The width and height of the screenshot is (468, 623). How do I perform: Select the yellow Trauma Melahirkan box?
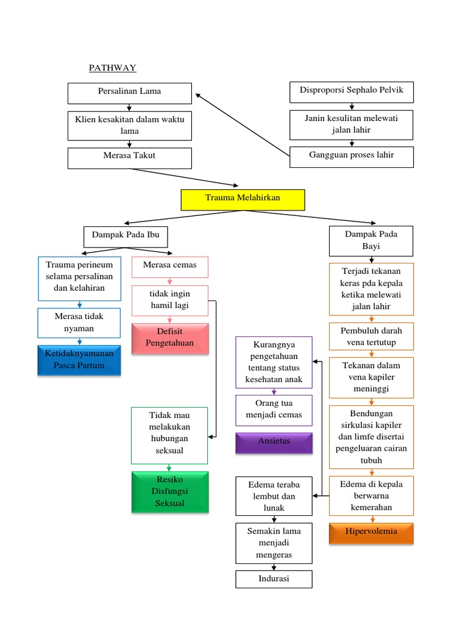pyautogui.click(x=243, y=199)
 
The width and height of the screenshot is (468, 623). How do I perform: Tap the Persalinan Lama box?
pyautogui.click(x=130, y=92)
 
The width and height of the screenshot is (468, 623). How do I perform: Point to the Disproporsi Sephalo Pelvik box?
pyautogui.click(x=352, y=91)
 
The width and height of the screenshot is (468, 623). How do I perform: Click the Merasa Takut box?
pyautogui.click(x=130, y=157)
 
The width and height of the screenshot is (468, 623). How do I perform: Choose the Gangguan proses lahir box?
pyautogui.click(x=352, y=156)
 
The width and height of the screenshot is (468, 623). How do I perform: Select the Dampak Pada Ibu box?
pyautogui.click(x=125, y=235)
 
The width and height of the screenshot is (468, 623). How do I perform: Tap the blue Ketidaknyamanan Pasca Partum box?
pyautogui.click(x=79, y=360)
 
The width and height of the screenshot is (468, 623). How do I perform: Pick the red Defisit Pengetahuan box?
pyautogui.click(x=170, y=338)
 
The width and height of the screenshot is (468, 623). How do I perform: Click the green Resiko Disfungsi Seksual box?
pyautogui.click(x=169, y=492)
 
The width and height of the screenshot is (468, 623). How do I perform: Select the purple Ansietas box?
pyautogui.click(x=274, y=442)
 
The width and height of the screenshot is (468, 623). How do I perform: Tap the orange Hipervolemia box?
pyautogui.click(x=371, y=532)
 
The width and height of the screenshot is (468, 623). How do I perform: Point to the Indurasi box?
pyautogui.click(x=274, y=579)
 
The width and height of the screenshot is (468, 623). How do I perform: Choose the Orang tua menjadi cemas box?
pyautogui.click(x=274, y=409)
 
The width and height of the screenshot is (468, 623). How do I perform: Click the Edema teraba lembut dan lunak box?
pyautogui.click(x=274, y=496)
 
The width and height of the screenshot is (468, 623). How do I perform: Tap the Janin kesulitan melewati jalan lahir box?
pyautogui.click(x=352, y=125)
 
